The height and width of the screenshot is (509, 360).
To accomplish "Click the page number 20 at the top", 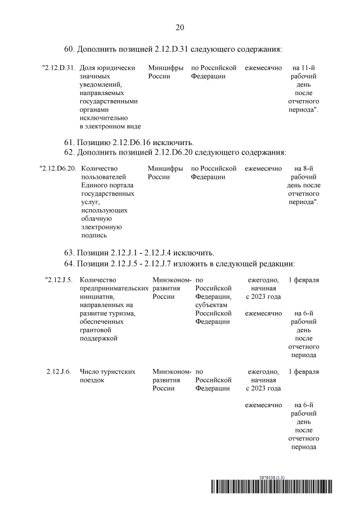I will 180,27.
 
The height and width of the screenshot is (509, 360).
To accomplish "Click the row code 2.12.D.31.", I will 58,67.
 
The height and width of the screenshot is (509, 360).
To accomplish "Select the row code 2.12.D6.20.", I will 58,168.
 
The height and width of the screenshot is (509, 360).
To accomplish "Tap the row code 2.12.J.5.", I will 59,280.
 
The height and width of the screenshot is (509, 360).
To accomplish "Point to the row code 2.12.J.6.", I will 59,372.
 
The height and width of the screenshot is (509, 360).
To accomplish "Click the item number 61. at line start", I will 69,141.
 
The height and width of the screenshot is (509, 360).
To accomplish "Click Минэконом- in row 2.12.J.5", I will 172,280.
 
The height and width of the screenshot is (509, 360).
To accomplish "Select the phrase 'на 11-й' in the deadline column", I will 304,67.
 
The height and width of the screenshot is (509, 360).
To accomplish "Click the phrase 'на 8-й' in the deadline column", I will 304,168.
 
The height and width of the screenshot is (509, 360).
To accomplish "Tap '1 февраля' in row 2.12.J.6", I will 304,372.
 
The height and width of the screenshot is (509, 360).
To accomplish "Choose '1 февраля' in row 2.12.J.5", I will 304,280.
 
